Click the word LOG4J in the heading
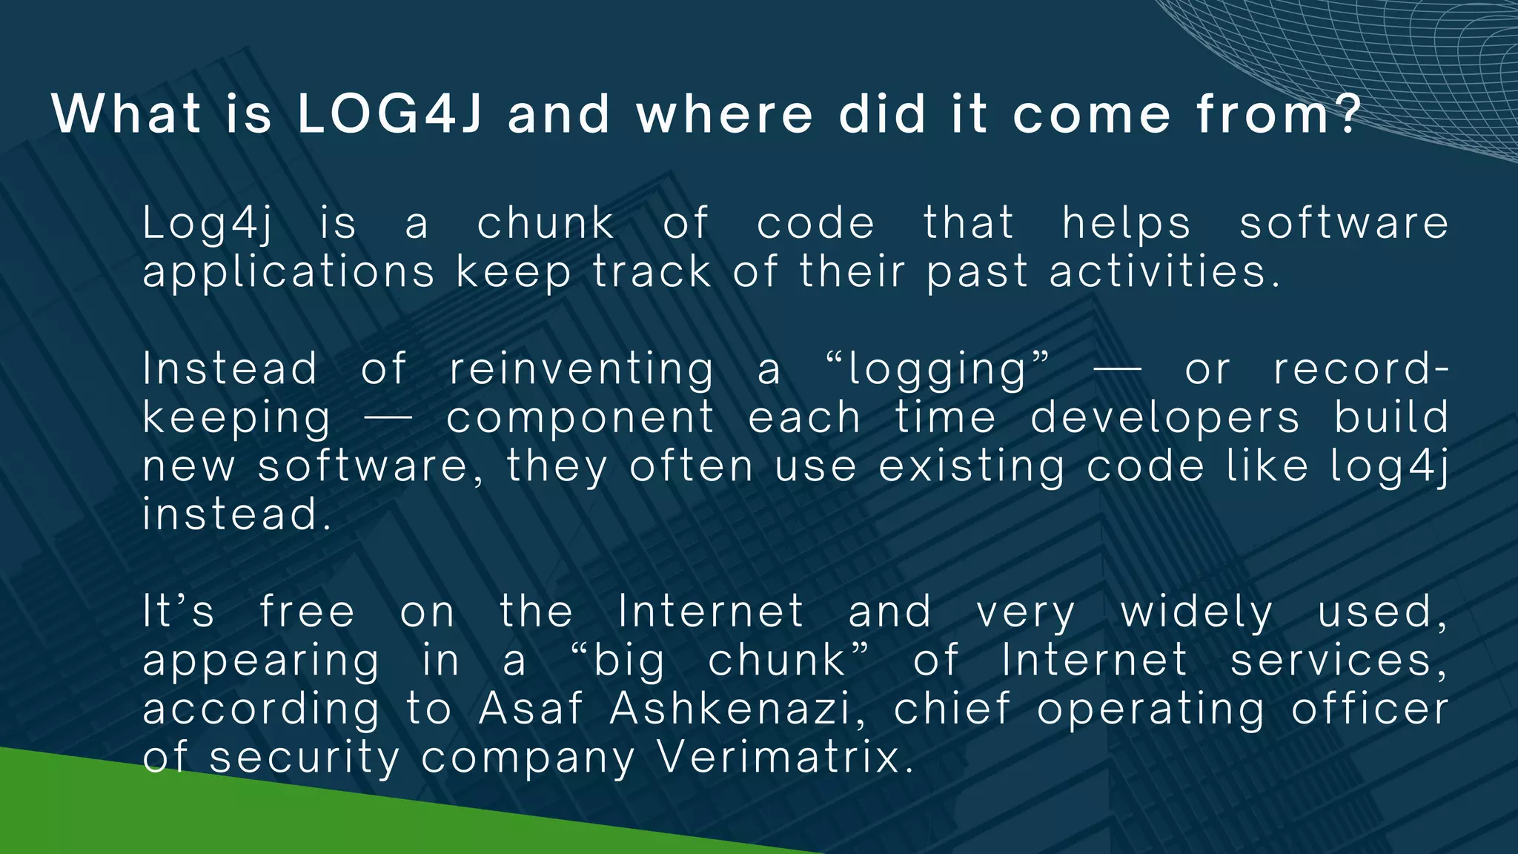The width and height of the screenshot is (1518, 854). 390,114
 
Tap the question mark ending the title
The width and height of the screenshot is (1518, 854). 1348,114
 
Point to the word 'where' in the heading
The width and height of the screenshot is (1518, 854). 724,114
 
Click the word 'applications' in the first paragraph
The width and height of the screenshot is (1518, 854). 288,273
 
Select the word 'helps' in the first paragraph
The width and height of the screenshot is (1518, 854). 1127,224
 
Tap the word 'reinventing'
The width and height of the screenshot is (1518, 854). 581,370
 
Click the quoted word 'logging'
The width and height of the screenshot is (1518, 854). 938,370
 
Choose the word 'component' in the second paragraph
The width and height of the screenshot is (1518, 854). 580,419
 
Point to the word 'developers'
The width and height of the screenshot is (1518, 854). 1164,419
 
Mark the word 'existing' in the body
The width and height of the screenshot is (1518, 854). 971,468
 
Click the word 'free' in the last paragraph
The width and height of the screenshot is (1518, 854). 307,612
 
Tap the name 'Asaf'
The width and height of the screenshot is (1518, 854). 531,709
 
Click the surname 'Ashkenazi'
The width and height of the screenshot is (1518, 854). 729,709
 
